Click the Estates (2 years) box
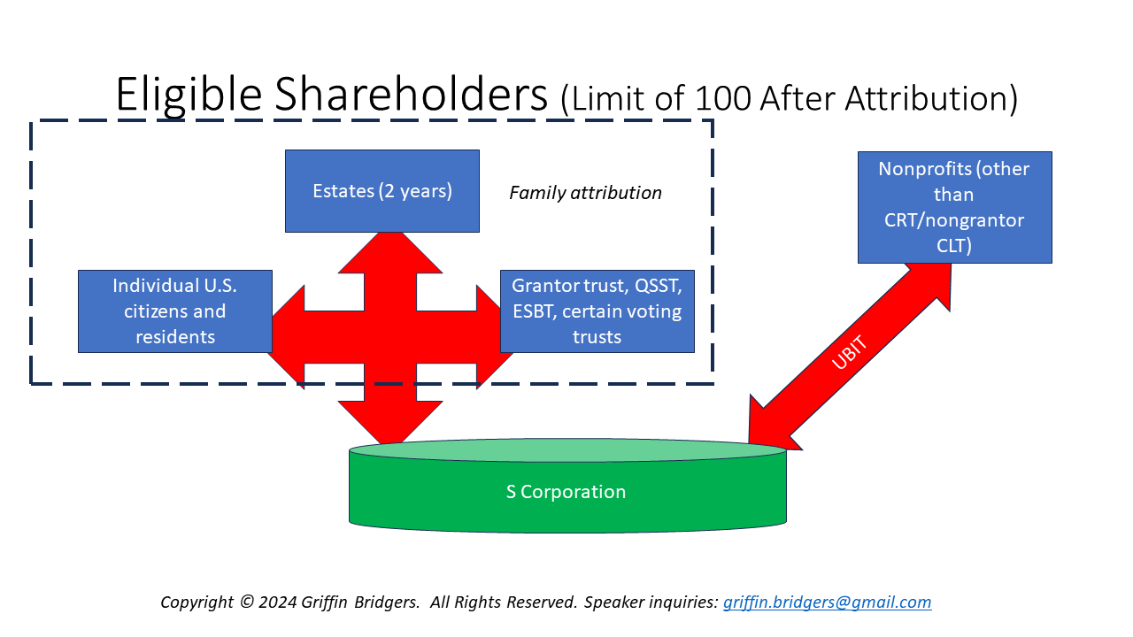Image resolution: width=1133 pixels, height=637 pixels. click(382, 191)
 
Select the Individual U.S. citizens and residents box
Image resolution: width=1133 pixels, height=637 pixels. click(174, 311)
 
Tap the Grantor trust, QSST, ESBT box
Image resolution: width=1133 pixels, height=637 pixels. click(597, 311)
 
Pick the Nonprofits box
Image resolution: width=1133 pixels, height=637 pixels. click(954, 207)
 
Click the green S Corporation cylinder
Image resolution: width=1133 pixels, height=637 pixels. click(567, 492)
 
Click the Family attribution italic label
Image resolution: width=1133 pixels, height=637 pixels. click(585, 193)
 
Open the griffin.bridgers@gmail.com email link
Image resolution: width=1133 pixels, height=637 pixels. click(827, 602)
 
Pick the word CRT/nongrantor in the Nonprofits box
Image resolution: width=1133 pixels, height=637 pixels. click(954, 220)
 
